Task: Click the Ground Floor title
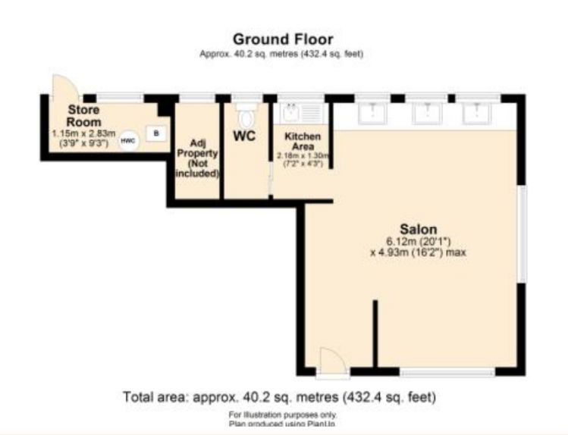(282, 39)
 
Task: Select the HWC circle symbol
(129, 140)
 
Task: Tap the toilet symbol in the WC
(245, 117)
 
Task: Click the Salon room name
(419, 228)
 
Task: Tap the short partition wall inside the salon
(374, 333)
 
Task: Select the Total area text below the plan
(280, 396)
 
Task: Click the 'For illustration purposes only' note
(283, 414)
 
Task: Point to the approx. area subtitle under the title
(282, 54)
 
